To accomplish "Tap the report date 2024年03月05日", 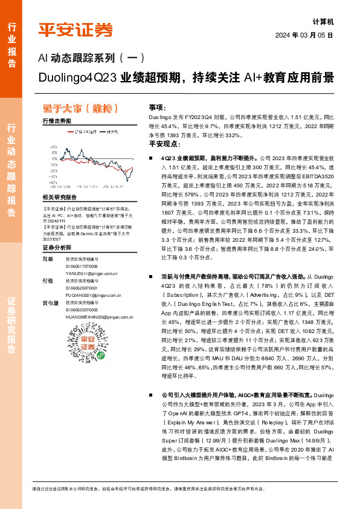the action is click(303, 35).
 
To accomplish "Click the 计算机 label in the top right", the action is click(323, 21).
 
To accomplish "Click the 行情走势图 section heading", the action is click(56, 121).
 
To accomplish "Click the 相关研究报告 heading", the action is click(59, 198).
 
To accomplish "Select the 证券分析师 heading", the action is click(56, 248).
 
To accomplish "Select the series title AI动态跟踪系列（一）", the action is click(91, 59).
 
